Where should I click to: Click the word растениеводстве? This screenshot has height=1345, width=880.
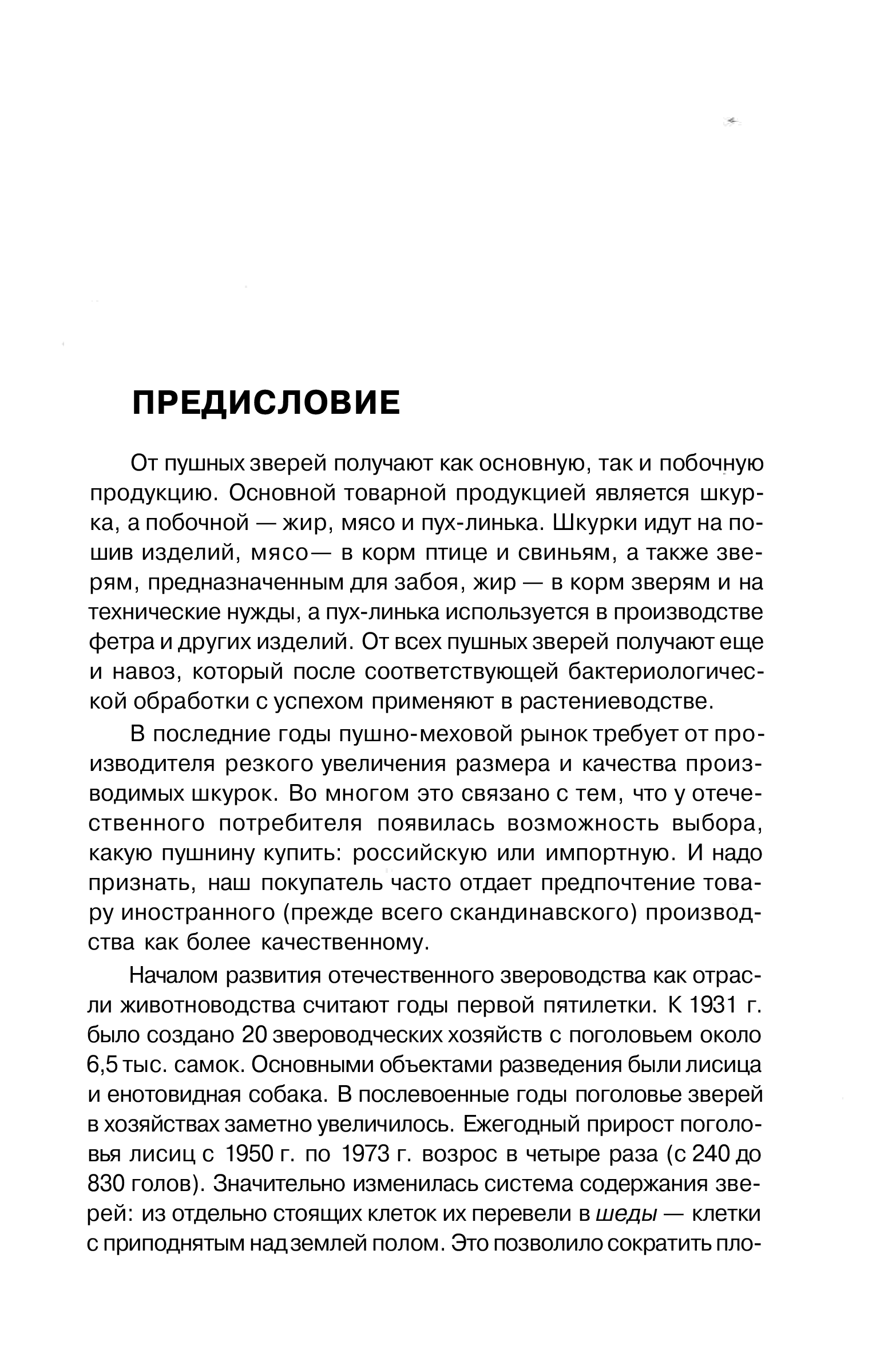(616, 702)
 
